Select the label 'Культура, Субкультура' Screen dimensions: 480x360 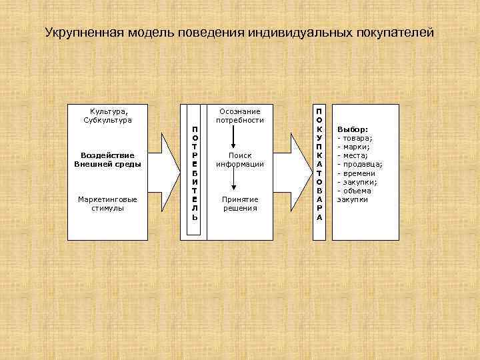(x=107, y=115)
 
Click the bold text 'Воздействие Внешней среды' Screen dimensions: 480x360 (x=107, y=159)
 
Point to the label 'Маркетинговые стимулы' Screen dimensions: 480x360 (x=107, y=203)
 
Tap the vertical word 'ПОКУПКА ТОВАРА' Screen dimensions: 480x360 (x=319, y=163)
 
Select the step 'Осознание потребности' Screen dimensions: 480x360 (x=239, y=115)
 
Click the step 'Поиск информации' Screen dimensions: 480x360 (x=239, y=159)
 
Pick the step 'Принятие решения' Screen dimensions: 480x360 (x=239, y=203)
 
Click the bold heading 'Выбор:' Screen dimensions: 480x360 (x=353, y=129)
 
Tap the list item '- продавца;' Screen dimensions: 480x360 (x=360, y=164)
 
